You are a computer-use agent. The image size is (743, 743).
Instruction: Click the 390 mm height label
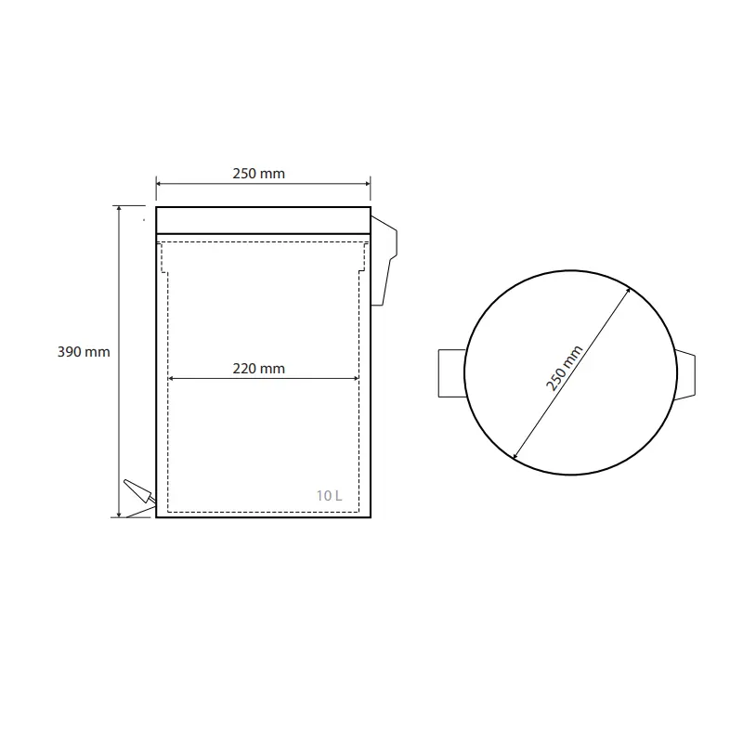(x=84, y=352)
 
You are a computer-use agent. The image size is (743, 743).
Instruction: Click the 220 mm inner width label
(x=259, y=368)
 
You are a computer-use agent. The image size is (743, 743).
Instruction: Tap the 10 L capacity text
(x=329, y=496)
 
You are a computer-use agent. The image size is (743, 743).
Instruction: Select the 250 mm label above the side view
(x=259, y=174)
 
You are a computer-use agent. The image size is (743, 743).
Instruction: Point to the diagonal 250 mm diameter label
(x=564, y=369)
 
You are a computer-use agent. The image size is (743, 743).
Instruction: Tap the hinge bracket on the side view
(x=384, y=261)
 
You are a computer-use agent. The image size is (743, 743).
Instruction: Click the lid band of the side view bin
(x=263, y=220)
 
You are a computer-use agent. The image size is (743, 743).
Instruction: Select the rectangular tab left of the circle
(x=452, y=373)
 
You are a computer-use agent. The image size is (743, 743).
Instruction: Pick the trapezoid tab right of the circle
(x=685, y=375)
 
